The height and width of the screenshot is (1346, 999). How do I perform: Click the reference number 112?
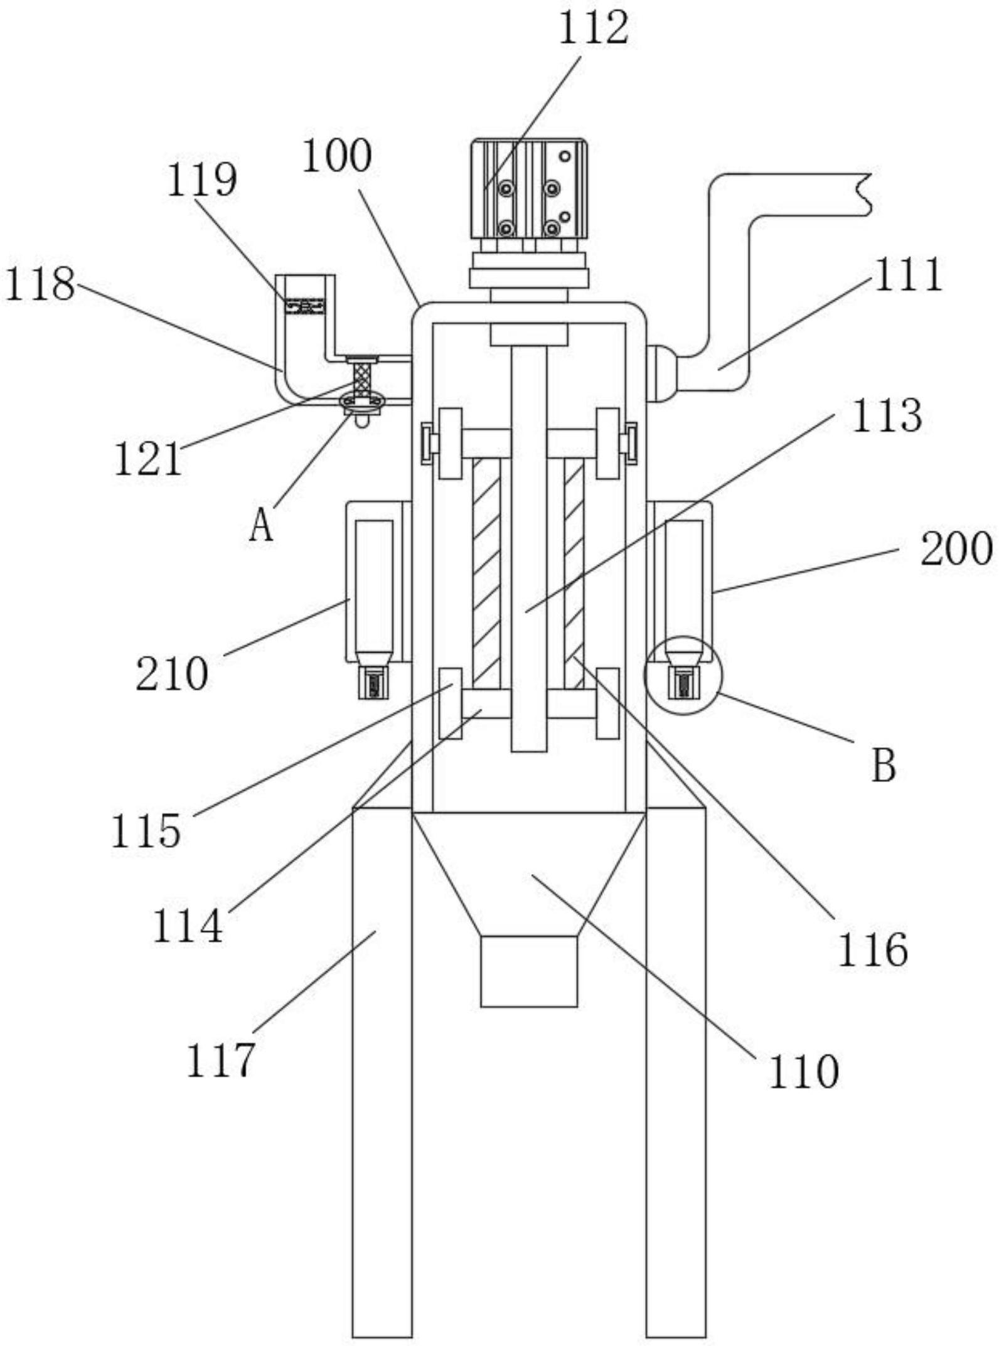593,29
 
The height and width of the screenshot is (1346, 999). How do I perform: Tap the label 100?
337,156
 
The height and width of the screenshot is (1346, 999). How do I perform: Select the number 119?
201,180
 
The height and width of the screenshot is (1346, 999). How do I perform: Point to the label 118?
40,284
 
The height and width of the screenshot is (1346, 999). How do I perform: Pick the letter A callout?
261,525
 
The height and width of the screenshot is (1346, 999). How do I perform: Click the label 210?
172,675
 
